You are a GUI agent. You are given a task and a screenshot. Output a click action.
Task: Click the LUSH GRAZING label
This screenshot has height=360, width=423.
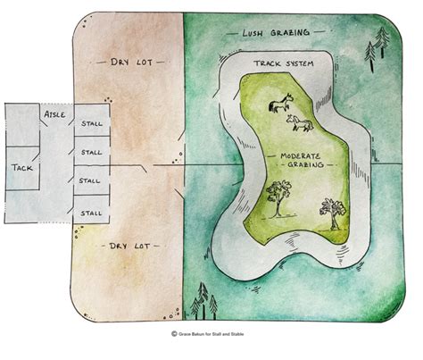click(x=277, y=33)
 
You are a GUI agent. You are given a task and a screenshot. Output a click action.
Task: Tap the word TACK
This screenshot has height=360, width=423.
click(x=22, y=167)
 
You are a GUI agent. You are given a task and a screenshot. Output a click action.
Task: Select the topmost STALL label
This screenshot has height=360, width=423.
click(x=91, y=123)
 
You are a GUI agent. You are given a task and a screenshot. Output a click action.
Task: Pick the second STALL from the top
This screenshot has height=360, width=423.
click(x=91, y=152)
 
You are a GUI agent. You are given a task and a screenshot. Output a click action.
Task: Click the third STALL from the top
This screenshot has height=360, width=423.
click(x=90, y=181)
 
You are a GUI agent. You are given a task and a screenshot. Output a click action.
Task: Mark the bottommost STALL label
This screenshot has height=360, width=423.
click(x=91, y=212)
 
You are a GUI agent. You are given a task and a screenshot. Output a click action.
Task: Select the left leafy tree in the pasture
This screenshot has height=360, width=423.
click(x=278, y=196)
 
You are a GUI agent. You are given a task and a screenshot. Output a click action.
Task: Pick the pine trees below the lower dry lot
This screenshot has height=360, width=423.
click(x=204, y=300)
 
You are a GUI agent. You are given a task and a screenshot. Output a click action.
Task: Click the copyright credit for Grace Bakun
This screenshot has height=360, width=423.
click(x=211, y=335)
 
